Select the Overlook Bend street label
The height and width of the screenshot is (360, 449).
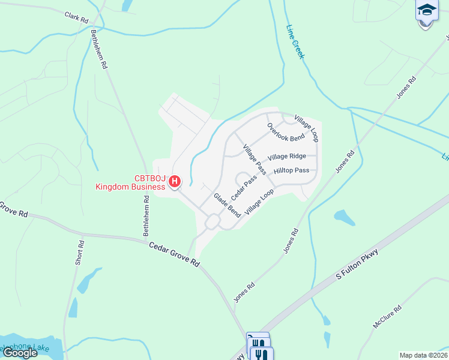click(x=286, y=133)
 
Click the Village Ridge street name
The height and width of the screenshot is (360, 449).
click(x=287, y=157)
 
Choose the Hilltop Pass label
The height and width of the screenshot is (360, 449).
click(x=291, y=171)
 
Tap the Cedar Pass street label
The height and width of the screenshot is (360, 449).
click(x=244, y=187)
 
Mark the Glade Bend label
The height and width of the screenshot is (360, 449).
click(x=228, y=205)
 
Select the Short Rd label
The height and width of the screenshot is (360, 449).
click(x=82, y=253)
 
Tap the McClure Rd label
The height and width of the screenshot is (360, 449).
click(x=387, y=316)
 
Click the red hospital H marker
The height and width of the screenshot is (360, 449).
click(x=175, y=181)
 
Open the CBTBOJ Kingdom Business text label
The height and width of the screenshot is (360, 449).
click(x=131, y=182)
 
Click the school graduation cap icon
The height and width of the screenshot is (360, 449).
click(x=426, y=10)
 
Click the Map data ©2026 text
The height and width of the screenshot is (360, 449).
click(x=423, y=355)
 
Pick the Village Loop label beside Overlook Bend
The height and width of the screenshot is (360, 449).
click(x=306, y=128)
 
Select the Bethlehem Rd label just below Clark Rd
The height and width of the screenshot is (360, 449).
click(x=99, y=48)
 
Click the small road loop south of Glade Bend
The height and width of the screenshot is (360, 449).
click(x=212, y=222)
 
